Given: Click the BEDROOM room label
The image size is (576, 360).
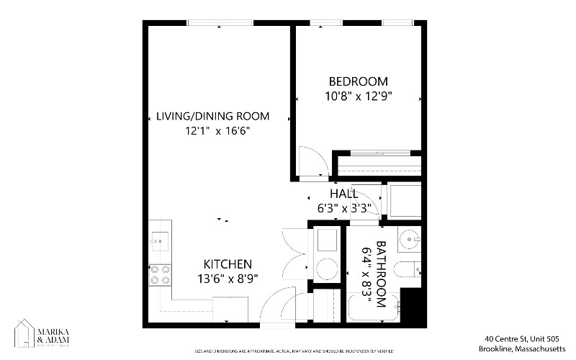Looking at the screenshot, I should (358, 81).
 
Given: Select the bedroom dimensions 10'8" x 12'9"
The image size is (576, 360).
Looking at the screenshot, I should (358, 96).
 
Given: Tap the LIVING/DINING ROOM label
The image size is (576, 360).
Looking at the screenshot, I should (213, 116).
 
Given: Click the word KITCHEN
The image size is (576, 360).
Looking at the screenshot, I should (227, 264).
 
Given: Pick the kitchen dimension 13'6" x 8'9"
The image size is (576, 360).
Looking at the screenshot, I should (227, 278).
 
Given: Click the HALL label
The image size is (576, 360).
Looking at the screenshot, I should (343, 194).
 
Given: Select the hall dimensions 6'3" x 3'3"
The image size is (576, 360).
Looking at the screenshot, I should (344, 209).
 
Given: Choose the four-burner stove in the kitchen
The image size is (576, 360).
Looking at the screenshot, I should (160, 274).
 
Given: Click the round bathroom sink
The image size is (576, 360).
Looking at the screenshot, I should (412, 237).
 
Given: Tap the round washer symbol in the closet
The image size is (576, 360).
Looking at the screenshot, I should (326, 267).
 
